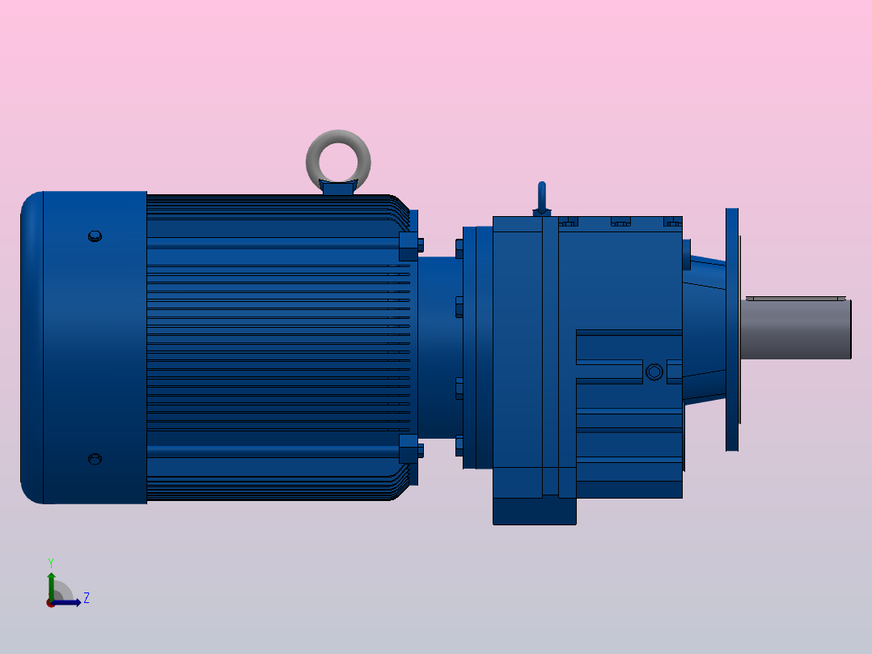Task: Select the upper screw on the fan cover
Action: pos(95,236)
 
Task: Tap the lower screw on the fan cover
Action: pos(95,459)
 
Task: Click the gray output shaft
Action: pos(797,329)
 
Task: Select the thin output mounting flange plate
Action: pos(732,329)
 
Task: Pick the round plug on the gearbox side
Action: pos(654,372)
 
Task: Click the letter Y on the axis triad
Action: pos(50,562)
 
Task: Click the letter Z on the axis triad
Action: pos(87,598)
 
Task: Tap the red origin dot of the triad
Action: pos(51,603)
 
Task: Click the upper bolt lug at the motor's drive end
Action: pos(410,248)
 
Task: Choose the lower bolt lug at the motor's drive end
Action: pos(410,448)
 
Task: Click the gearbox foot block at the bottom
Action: pos(534,511)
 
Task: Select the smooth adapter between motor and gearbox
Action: pos(437,348)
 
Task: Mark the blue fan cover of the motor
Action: pos(85,348)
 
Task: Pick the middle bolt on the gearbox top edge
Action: pos(620,222)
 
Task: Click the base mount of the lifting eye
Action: pos(338,188)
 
